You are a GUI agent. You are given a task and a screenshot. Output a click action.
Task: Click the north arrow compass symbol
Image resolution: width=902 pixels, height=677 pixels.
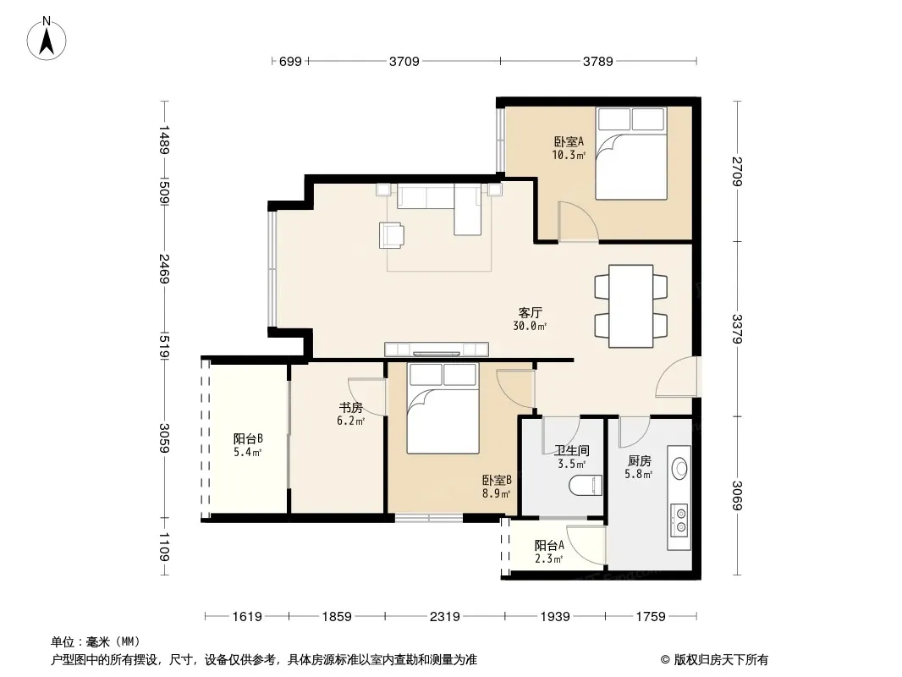click(x=47, y=39)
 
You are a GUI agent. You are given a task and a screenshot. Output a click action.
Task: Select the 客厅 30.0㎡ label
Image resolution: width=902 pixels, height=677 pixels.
click(x=530, y=319)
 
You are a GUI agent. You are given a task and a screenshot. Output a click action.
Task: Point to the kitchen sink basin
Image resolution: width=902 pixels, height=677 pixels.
click(x=680, y=468)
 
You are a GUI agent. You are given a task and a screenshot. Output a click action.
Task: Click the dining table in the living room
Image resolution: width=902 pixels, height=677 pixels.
click(x=630, y=306)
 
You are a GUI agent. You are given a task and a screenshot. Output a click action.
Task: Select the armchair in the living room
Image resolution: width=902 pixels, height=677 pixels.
click(x=392, y=235)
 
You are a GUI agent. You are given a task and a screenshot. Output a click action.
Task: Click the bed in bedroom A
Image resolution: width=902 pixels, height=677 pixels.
click(x=631, y=153)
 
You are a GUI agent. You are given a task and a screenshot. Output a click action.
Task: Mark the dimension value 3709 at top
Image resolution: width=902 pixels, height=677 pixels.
click(x=404, y=61)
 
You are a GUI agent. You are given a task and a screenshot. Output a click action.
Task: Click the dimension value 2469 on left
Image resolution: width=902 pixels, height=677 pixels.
click(x=164, y=268)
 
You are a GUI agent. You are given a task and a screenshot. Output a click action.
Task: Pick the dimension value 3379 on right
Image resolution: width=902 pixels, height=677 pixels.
click(x=737, y=328)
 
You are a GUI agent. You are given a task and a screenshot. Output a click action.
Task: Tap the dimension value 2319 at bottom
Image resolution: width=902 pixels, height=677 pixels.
click(x=445, y=617)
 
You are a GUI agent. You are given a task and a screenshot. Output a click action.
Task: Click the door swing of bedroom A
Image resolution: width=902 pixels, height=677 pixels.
click(x=579, y=222)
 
